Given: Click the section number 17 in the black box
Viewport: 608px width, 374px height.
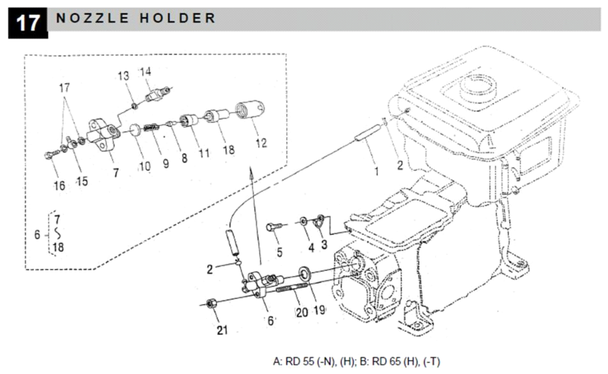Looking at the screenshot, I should pos(28,23).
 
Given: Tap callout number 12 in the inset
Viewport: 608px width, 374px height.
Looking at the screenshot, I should pos(261,143).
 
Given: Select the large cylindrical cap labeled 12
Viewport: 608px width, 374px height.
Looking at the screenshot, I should pos(250,109).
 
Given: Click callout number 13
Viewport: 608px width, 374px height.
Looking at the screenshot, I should pos(123,76).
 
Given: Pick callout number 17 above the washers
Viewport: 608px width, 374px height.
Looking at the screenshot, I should pos(64,88).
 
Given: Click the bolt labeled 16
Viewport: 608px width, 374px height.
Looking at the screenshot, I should pos(51,154).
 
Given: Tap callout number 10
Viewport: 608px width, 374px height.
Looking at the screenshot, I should pos(145,166).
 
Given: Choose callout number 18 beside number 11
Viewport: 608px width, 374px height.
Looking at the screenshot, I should pos(228,150).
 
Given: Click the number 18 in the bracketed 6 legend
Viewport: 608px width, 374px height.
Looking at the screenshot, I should pos(58,247).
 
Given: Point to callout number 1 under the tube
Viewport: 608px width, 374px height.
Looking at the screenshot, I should pos(376,171).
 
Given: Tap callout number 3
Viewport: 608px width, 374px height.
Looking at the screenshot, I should pos(324,244).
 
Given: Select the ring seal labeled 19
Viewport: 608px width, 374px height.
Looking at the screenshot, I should pos(304,274).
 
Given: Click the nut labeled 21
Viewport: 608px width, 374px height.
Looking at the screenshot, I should pos(212,302).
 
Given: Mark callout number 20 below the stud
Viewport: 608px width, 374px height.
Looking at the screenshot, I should pos(302,312).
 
